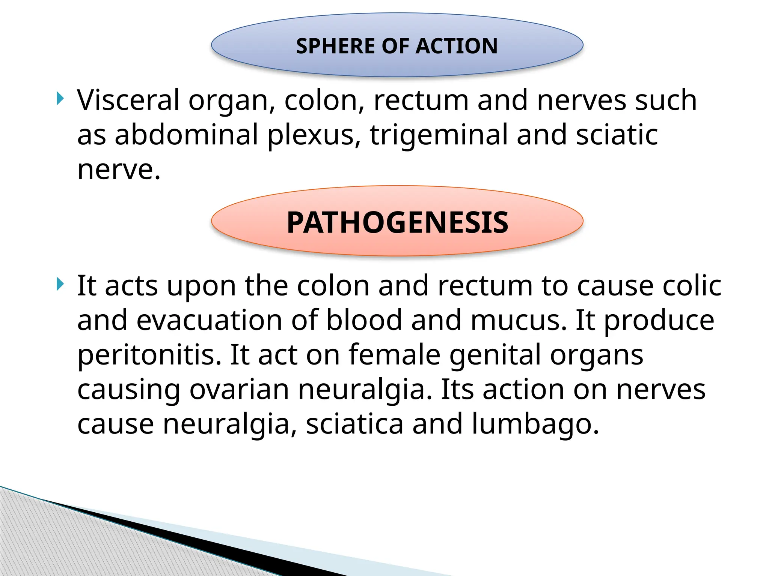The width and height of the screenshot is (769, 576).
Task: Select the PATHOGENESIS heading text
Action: click(397, 222)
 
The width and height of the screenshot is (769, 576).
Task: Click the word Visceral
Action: click(128, 100)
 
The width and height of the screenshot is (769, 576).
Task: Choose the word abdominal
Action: click(186, 135)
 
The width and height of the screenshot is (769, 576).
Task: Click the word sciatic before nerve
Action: click(617, 135)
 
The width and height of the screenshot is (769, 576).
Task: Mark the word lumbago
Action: click(535, 424)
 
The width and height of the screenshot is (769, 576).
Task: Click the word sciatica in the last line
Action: click(354, 424)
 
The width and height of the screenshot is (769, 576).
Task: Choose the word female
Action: click(394, 355)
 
